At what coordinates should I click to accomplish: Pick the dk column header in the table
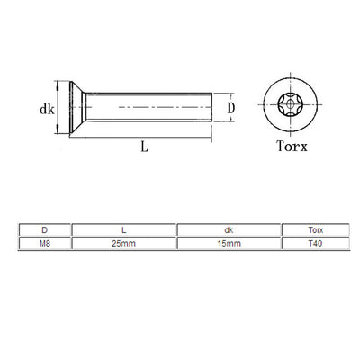[x=229, y=230]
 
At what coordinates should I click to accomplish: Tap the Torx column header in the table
[x=310, y=230]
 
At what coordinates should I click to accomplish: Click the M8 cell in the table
[x=45, y=243]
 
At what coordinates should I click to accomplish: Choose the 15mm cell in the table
[x=229, y=243]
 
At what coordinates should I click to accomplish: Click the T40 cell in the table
[x=310, y=243]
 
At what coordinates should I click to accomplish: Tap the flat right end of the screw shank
[x=212, y=108]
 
